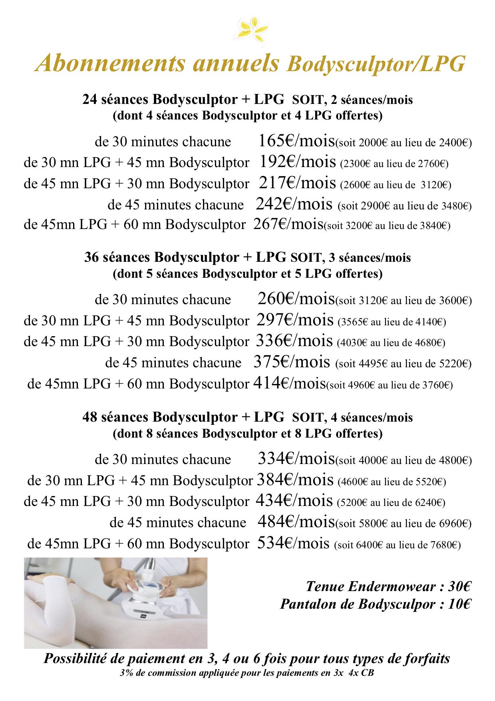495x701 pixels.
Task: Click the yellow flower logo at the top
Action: coord(248,29)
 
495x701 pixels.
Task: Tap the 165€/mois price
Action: coord(296,141)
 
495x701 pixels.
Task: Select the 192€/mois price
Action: coord(297,162)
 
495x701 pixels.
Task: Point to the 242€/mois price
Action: coord(294,204)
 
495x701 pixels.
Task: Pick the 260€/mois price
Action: coord(296,299)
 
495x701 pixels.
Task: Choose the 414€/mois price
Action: coord(290,383)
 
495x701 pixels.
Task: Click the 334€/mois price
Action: coord(296,459)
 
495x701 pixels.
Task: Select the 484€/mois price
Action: coord(296,522)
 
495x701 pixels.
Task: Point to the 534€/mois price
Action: coord(294,543)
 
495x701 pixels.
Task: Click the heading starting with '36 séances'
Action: coord(247,257)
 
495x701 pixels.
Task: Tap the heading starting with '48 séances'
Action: coord(247,417)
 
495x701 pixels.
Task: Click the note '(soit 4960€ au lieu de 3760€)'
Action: coord(390,386)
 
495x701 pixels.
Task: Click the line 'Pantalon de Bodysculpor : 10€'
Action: coord(376,603)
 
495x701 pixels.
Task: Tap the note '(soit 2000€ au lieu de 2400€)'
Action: coord(404,143)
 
